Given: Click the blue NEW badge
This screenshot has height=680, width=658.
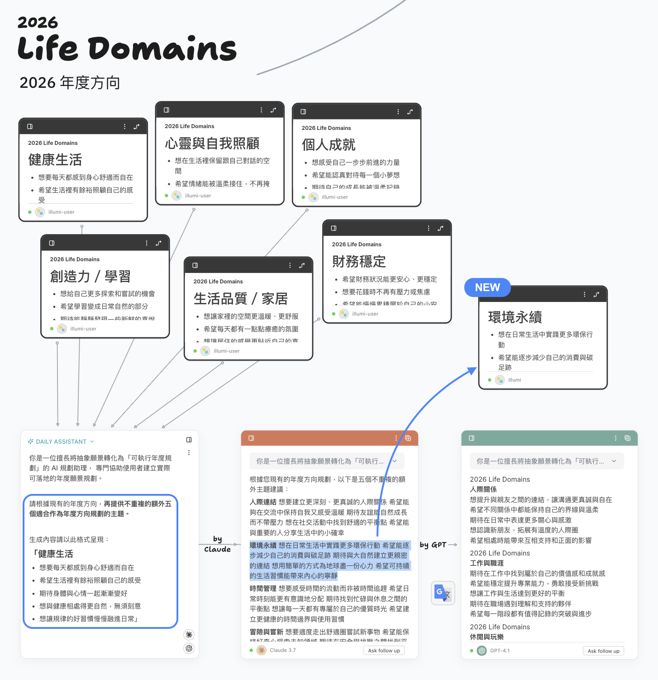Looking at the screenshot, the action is pos(487,287).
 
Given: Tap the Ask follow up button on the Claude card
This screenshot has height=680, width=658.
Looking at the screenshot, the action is pos(384,651).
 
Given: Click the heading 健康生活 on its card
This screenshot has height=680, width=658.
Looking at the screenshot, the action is pos(55,160).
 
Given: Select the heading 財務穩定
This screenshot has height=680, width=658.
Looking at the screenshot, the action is pos(359,262).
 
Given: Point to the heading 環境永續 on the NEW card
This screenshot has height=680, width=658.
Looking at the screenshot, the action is pos(515,317).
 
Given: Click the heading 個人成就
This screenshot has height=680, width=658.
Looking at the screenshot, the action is pos(329,145).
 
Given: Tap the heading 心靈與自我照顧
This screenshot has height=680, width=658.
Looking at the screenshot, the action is pos(212,144).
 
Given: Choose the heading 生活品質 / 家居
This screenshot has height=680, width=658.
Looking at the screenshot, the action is pos(240,299).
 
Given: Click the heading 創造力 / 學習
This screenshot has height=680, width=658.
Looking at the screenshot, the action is pos(90,276).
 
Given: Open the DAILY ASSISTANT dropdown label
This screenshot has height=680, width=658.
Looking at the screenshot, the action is pos(61,441).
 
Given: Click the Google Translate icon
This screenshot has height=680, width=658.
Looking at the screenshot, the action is pos(443,593).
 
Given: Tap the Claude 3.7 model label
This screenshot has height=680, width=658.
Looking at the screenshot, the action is pos(282,650).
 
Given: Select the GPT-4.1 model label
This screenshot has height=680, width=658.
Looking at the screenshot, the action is pos(500,651).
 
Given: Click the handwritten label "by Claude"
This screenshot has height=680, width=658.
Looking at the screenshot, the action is pos(217,544).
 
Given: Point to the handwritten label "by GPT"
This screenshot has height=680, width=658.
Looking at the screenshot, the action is pos(433,545).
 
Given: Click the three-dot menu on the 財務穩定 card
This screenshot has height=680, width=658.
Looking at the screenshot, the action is pos(429,228).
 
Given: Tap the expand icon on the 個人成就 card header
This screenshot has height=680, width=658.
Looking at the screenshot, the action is pos(410,112).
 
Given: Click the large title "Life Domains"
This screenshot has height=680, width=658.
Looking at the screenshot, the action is pos(127,48).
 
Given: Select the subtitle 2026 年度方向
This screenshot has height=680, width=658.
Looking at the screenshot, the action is pos(70,83).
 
